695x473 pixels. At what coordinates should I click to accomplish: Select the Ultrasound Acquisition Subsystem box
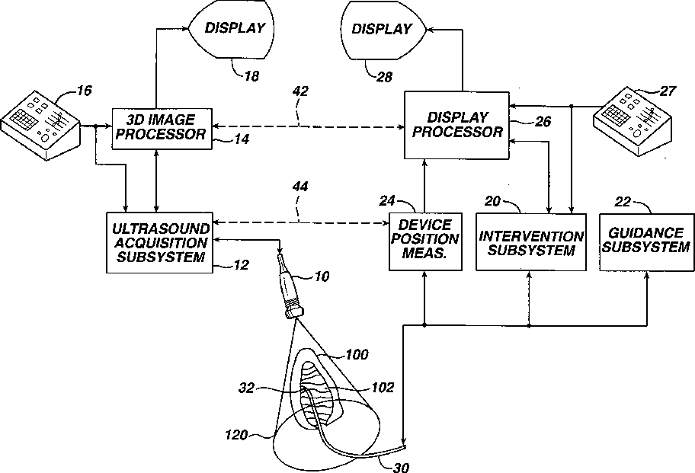point(159,242)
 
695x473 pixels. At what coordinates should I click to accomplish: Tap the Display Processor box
point(455,125)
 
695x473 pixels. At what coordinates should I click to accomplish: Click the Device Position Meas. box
point(425,241)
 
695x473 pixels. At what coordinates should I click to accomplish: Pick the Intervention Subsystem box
point(530,242)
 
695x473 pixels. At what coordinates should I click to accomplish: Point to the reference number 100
point(356,355)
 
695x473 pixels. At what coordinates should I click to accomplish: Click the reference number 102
point(383,388)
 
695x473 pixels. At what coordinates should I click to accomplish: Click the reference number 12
point(242,266)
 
